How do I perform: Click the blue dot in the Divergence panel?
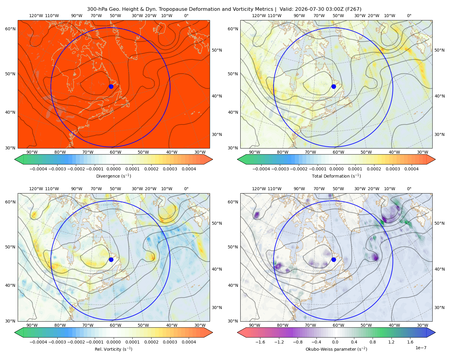pos(111,86)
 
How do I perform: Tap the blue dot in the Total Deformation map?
pos(334,86)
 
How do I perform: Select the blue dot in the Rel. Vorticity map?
pos(111,259)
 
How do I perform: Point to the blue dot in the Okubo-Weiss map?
pos(334,259)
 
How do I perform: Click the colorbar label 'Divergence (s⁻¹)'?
pos(113,176)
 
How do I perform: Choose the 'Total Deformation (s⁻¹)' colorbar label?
pos(336,176)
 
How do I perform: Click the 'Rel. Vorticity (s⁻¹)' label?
pos(113,349)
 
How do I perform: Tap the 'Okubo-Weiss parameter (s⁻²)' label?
pos(336,349)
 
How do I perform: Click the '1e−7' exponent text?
pos(421,348)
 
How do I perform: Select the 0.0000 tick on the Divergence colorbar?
pos(113,169)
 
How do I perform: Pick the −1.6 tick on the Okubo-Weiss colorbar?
pos(260,342)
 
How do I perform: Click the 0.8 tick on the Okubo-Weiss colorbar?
pos(373,342)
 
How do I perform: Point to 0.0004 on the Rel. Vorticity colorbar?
pos(189,342)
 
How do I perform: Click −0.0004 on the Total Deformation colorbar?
pos(261,169)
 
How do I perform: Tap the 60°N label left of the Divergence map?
pos(10,29)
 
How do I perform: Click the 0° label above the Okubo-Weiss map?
pos(409,189)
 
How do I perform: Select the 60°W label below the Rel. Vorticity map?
pos(115,325)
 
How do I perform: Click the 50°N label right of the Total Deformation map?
pos(439,50)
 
